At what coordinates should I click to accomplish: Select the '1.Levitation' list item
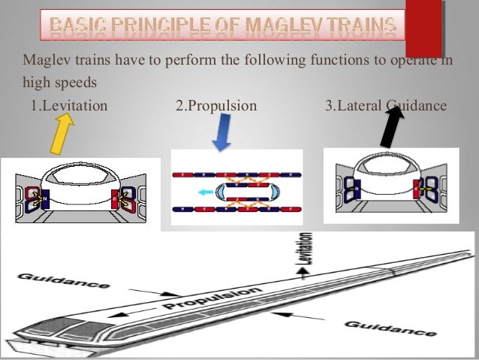pos(69,104)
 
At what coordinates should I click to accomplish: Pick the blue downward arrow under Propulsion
pos(220,135)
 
